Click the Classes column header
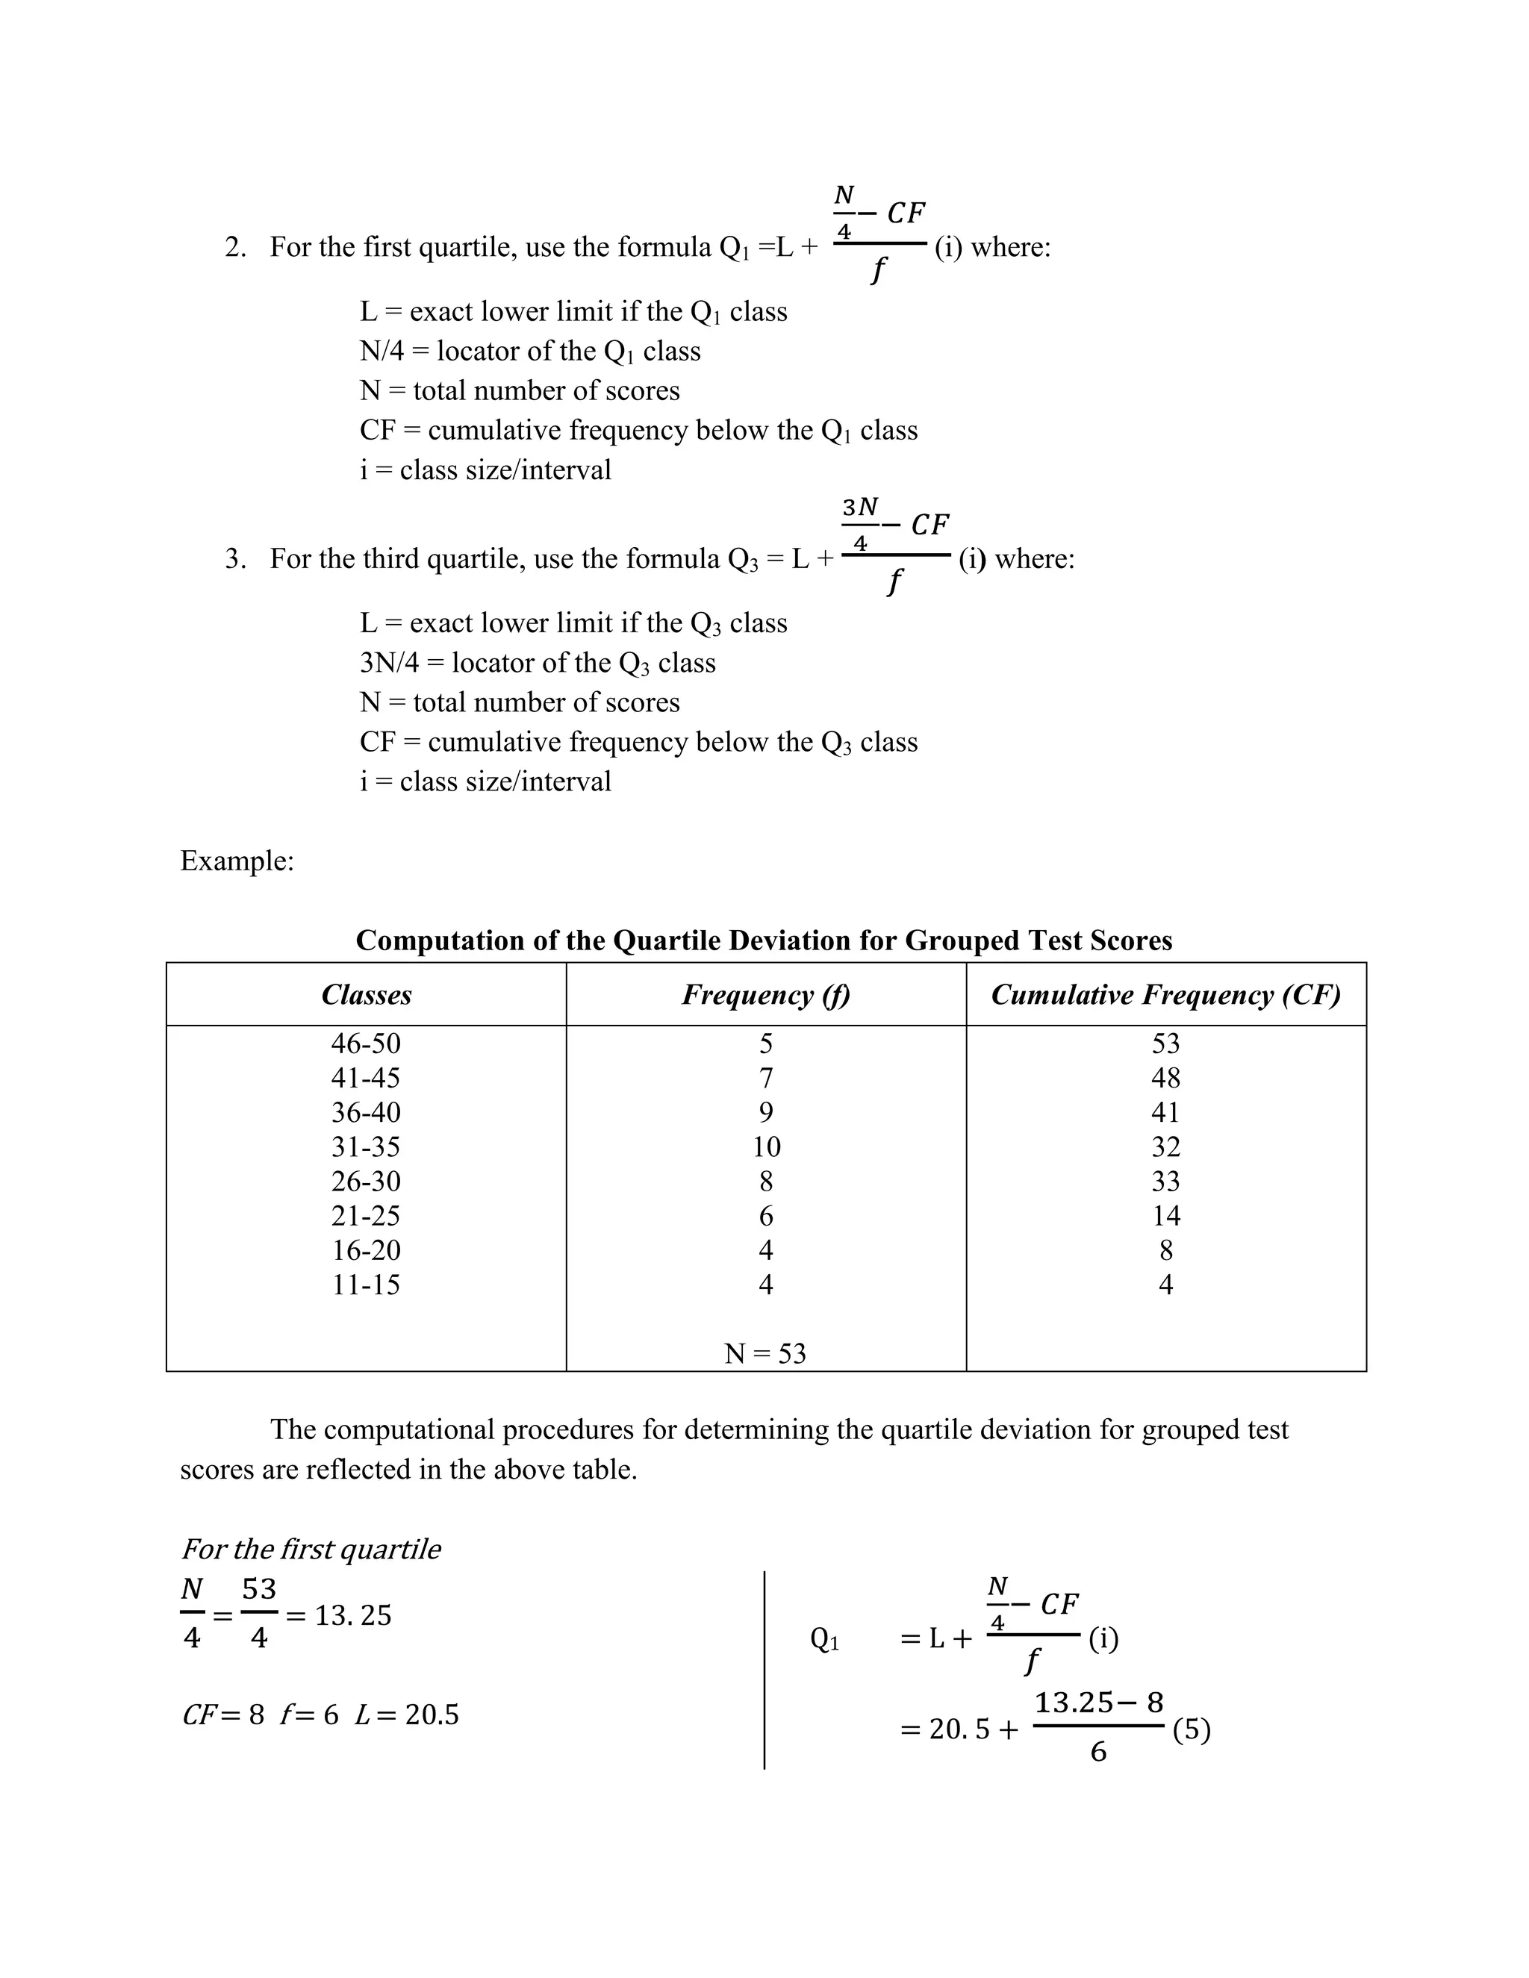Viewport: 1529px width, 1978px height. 366,995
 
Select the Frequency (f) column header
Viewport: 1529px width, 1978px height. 765,995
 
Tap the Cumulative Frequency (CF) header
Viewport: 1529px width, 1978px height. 1165,995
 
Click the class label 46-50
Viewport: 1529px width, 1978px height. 366,1044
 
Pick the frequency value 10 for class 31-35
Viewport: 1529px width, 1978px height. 766,1147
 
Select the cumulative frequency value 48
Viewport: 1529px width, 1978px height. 1165,1079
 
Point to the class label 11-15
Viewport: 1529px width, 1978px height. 366,1285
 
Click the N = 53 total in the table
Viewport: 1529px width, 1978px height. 765,1354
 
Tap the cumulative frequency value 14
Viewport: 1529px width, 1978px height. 1165,1217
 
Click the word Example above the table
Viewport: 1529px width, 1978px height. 237,861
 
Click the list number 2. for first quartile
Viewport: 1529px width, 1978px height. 235,247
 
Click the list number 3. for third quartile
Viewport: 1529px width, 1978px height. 235,559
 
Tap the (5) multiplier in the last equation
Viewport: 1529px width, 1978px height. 1191,1730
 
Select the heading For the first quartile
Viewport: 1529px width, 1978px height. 311,1549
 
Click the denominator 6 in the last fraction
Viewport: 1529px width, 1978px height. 1097,1753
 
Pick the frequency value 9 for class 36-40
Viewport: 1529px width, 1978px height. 766,1113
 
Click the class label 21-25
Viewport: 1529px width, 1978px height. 366,1217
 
